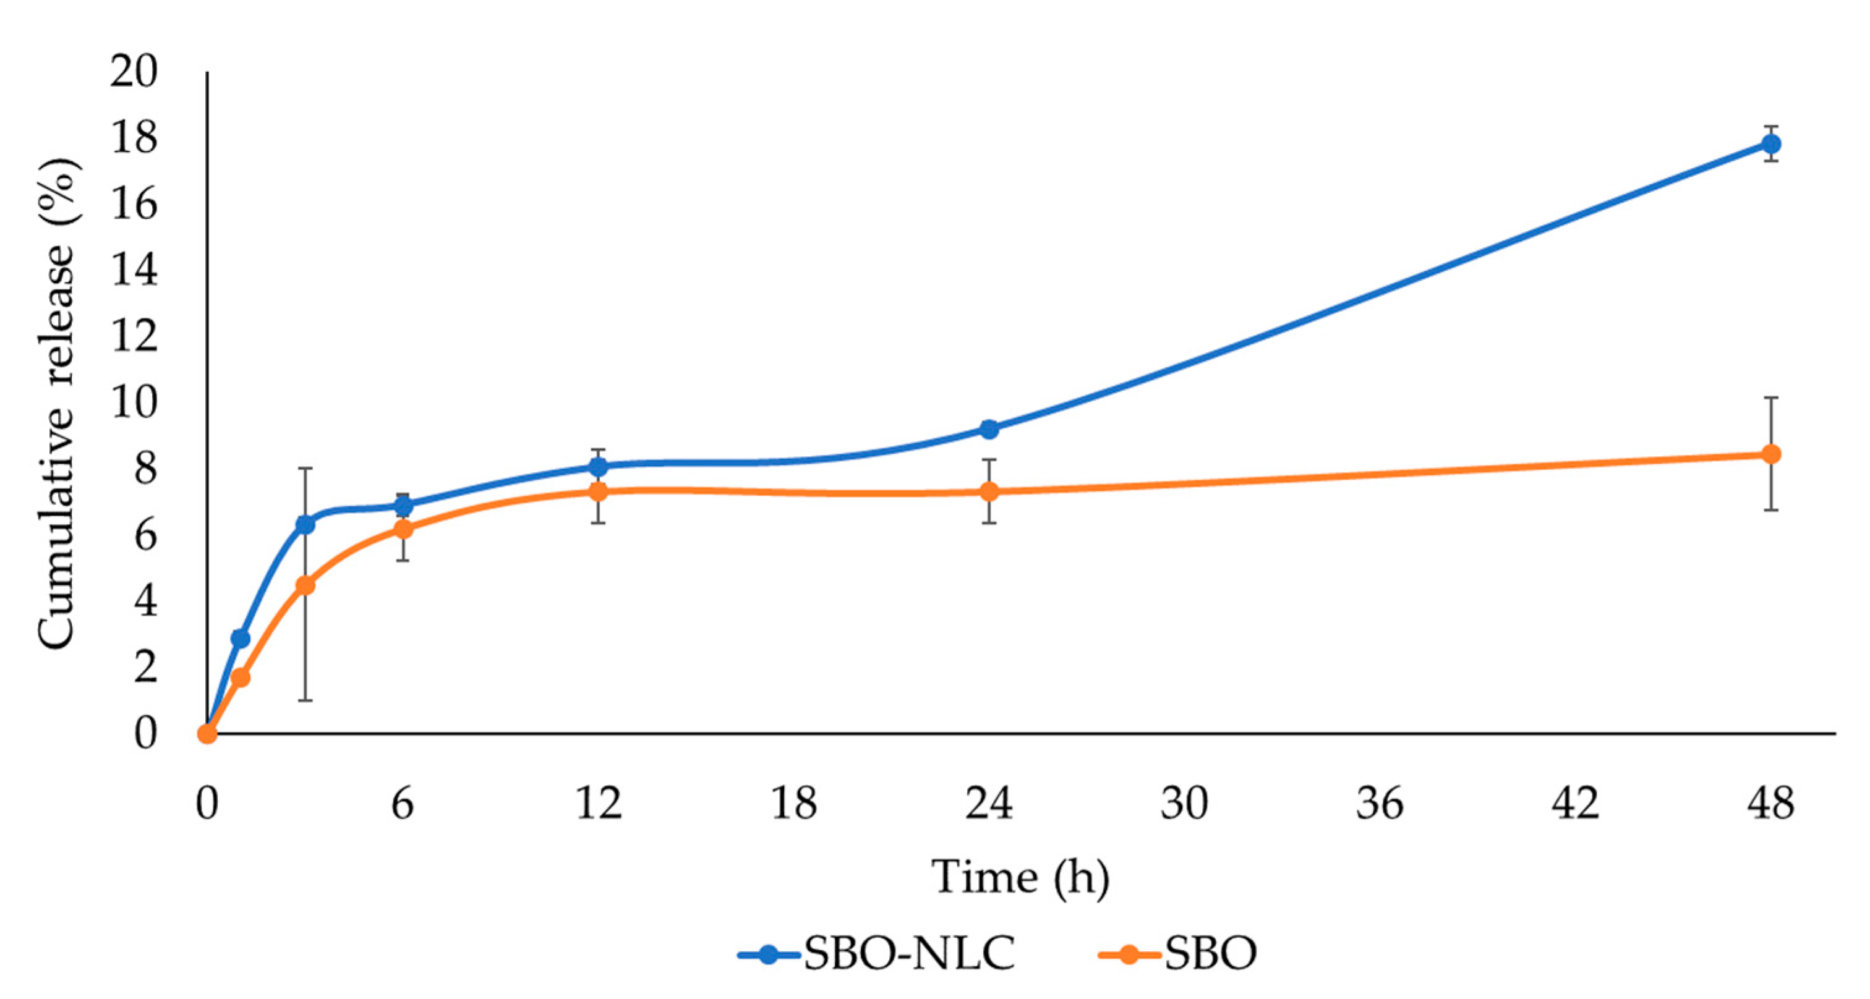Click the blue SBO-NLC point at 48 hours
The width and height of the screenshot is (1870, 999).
click(x=1770, y=143)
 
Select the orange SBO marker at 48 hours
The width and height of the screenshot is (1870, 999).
click(x=1770, y=454)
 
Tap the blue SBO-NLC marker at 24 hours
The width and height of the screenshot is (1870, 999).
click(x=989, y=429)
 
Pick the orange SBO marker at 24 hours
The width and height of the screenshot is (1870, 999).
click(x=989, y=491)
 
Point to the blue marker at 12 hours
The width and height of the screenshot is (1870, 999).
click(x=597, y=467)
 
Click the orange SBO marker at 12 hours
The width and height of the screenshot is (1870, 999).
click(x=597, y=491)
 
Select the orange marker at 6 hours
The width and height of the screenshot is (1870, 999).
click(x=403, y=529)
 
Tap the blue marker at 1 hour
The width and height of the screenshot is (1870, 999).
click(x=241, y=638)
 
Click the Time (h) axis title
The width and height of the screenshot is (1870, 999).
click(x=1020, y=877)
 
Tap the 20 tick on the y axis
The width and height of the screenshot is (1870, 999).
click(x=134, y=72)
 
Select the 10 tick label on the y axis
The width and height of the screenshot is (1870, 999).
click(x=134, y=402)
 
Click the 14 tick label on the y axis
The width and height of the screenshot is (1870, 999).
click(x=134, y=271)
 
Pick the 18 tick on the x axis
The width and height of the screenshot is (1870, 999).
click(x=793, y=803)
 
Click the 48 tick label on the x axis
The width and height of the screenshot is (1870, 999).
click(x=1770, y=803)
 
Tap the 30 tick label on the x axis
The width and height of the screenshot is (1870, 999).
click(x=1184, y=803)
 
